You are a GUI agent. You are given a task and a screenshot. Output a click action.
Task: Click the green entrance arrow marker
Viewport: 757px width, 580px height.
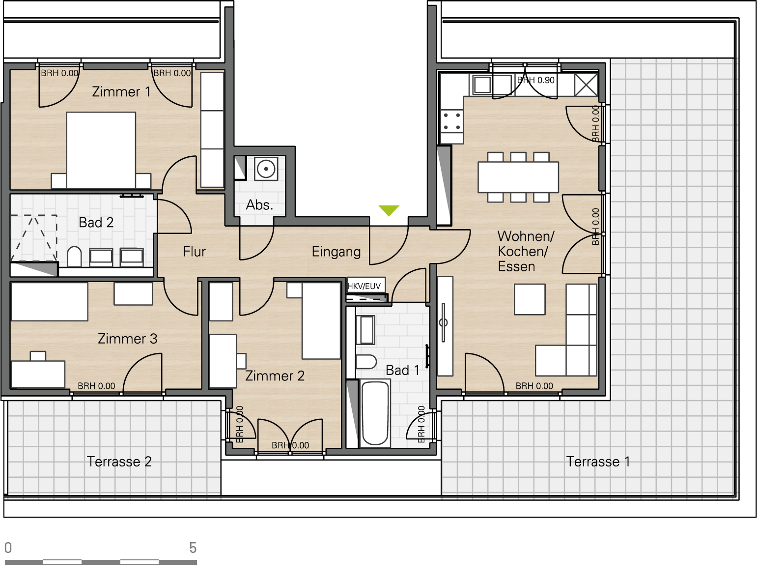point(389,210)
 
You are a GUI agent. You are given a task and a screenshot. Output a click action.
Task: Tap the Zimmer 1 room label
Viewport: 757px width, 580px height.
point(121,92)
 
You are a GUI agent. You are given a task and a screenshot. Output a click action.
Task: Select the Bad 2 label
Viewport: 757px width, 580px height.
point(96,222)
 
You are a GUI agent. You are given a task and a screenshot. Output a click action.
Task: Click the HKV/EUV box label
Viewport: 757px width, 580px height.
point(364,286)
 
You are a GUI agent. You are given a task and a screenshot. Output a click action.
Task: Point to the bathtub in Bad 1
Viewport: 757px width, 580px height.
point(375,413)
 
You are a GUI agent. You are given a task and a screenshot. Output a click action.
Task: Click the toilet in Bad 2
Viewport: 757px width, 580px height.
point(74,257)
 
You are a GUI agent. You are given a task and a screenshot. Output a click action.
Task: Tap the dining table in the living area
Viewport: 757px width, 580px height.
point(518,177)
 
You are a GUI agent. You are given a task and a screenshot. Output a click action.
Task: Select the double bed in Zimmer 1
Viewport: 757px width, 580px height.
point(101,150)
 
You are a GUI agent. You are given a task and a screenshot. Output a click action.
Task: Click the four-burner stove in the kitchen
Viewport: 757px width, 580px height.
point(452,121)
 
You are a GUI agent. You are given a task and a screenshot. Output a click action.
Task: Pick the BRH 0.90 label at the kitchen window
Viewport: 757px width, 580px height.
point(536,80)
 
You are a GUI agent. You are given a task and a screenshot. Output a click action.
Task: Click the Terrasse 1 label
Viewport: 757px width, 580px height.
point(598,462)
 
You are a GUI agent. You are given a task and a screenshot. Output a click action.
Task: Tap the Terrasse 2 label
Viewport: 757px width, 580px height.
point(119,462)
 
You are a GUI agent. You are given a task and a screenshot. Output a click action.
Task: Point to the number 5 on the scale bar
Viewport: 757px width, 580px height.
point(193,548)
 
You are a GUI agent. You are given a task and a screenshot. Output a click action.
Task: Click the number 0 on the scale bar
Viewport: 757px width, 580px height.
point(8,548)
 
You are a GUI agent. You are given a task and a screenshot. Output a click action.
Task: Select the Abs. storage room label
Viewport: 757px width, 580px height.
point(259,205)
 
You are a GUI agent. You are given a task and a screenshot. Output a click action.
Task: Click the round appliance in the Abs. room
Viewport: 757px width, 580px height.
point(266,169)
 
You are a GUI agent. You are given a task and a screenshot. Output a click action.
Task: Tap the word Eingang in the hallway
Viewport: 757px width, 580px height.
point(336,252)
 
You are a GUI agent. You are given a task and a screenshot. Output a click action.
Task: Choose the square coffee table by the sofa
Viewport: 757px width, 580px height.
point(530,299)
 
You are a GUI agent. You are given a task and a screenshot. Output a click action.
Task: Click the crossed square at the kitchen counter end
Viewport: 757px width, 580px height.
point(586,85)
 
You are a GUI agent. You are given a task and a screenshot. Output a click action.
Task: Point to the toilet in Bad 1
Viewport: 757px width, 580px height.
point(366,362)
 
